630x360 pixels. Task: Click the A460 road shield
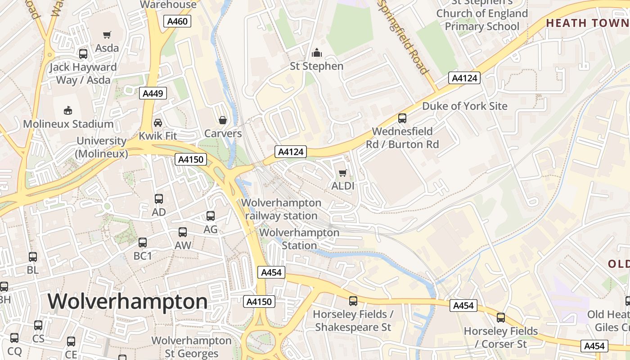[x=177, y=21]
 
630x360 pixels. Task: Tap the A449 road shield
[x=153, y=93]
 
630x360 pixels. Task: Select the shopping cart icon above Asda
[x=107, y=35]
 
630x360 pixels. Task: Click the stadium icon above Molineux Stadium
[x=68, y=110]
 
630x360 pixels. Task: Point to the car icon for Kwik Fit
[x=158, y=123]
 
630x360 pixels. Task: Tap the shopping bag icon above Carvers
[x=222, y=120]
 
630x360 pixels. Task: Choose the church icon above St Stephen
[x=317, y=53]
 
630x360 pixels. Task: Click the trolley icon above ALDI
[x=343, y=173]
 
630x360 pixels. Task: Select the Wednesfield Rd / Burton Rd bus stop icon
[x=402, y=118]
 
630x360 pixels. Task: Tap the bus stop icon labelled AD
[x=159, y=199]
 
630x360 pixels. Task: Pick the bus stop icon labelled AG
[x=211, y=216]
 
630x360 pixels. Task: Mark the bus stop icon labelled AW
[x=183, y=232]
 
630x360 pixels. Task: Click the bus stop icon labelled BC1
[x=143, y=243]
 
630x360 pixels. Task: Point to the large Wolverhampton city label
[x=128, y=301]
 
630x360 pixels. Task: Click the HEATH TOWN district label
[x=587, y=23]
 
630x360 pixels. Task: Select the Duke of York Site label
[x=464, y=106]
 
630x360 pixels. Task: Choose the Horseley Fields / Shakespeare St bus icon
[x=353, y=301]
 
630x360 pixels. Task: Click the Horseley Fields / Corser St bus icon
[x=501, y=318]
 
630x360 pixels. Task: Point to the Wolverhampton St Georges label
[x=192, y=347]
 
